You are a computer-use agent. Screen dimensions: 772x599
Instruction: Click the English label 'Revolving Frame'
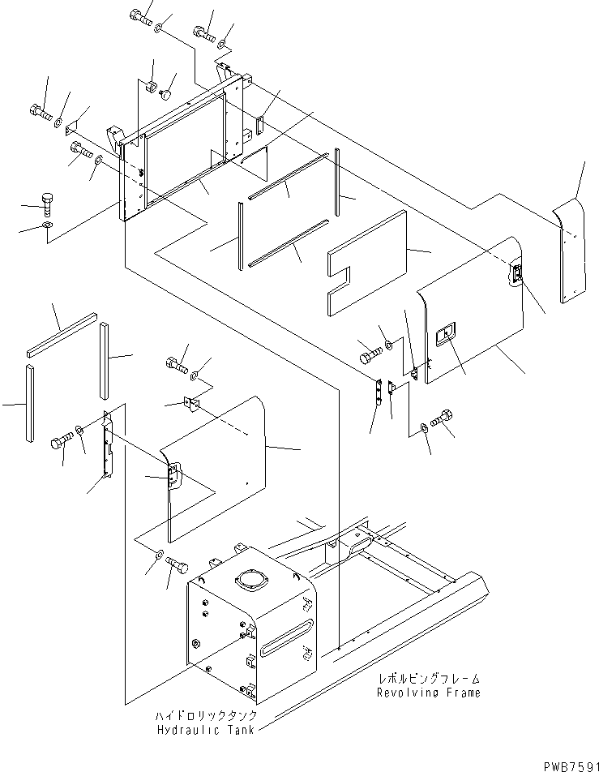(428, 693)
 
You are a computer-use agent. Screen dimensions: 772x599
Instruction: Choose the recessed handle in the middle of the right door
(447, 335)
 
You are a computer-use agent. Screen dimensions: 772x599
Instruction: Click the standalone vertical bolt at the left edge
(48, 203)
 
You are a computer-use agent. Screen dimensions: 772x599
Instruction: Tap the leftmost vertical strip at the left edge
(29, 403)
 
